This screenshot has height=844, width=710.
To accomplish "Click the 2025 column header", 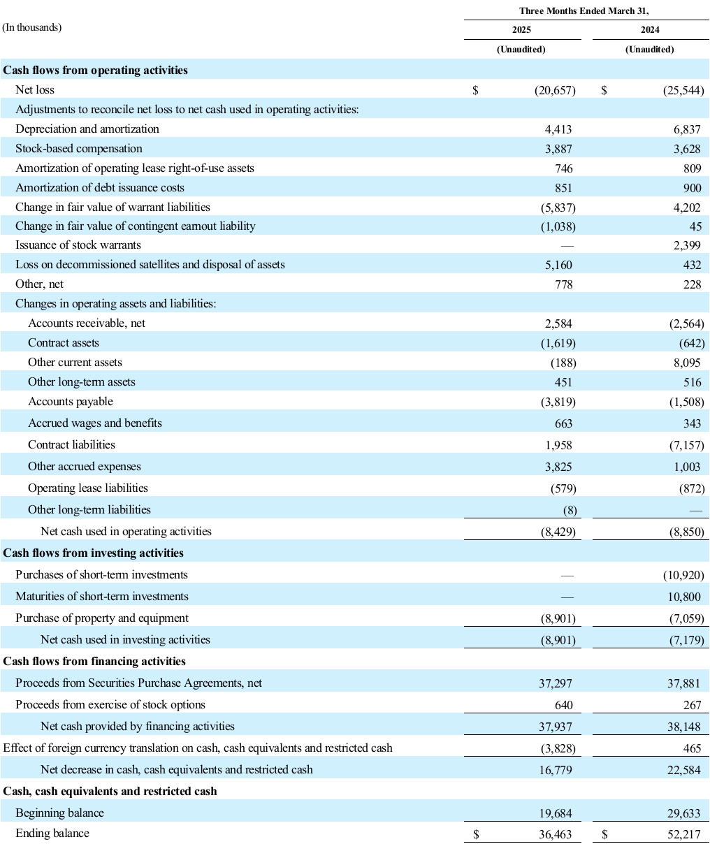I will click(521, 30).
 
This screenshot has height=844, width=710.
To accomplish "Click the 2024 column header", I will click(650, 30).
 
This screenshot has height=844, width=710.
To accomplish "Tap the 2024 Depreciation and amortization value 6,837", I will click(686, 129).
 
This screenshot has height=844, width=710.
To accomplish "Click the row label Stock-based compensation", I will click(79, 149).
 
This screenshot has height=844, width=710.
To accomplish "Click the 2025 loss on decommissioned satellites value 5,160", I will click(558, 265).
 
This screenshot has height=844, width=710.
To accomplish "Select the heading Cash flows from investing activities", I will click(94, 553).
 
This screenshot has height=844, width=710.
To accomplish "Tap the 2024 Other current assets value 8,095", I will click(686, 363).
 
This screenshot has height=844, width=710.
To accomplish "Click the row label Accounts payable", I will click(71, 402).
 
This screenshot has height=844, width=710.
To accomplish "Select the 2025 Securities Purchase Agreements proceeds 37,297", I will click(556, 683).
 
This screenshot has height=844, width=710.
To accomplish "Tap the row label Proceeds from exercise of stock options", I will click(110, 705).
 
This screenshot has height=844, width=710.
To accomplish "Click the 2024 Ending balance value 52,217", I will click(684, 834).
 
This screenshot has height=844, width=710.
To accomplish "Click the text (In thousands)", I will click(32, 28).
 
